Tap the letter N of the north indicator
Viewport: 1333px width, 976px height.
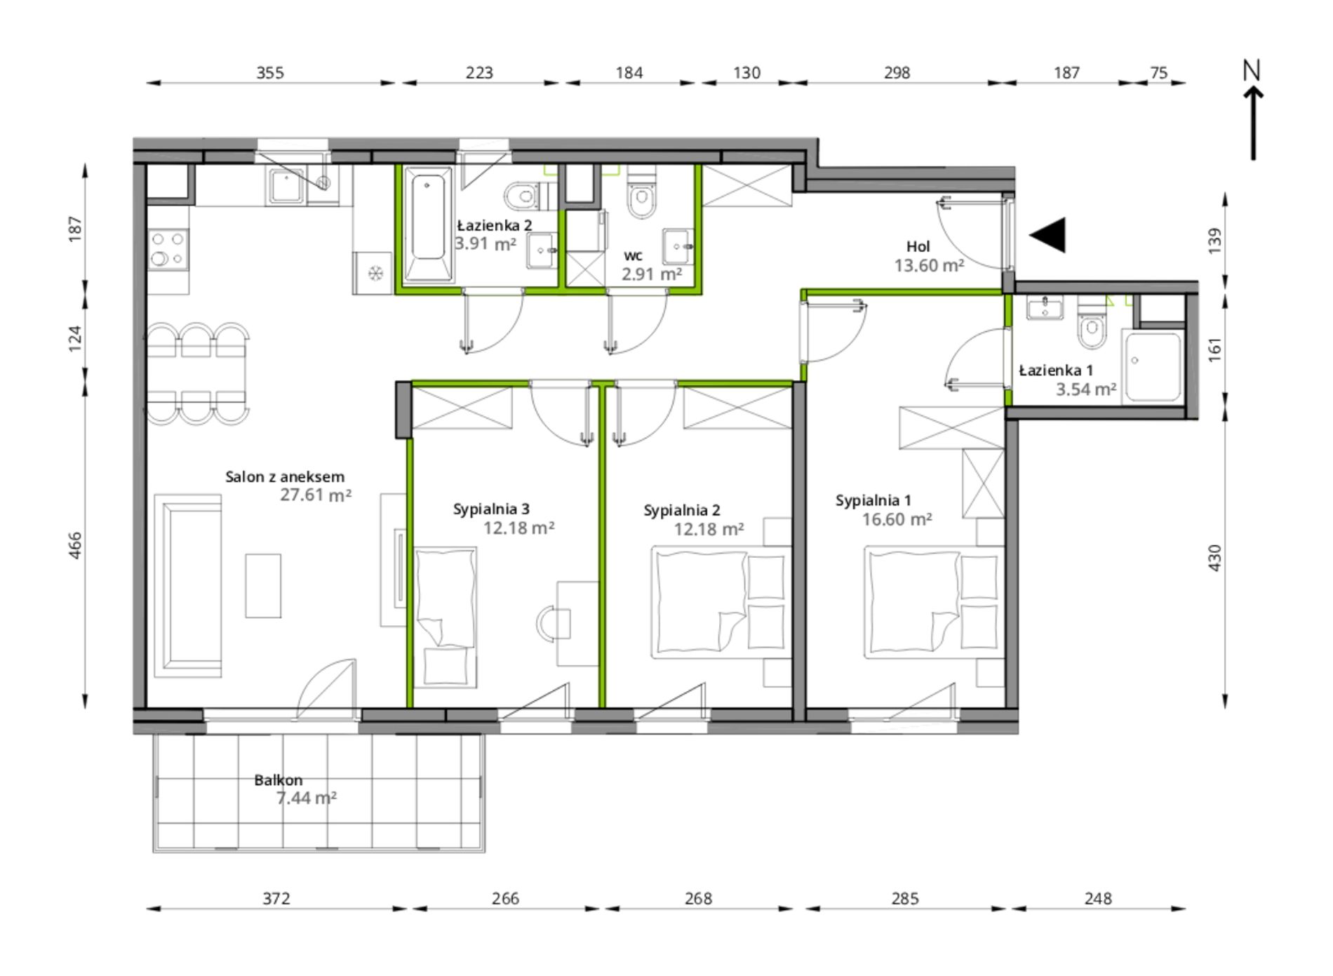(1252, 70)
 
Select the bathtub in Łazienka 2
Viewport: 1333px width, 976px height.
(427, 224)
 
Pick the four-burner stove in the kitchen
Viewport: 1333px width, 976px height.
(168, 249)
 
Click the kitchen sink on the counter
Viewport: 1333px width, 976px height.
(286, 185)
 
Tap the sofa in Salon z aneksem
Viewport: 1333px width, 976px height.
(188, 585)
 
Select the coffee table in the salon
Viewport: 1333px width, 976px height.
(263, 586)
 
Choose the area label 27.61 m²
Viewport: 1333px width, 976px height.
(316, 495)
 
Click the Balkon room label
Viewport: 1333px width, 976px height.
(279, 780)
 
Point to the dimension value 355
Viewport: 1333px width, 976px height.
(270, 72)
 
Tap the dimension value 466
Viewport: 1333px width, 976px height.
(76, 545)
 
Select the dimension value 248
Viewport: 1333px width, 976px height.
(1098, 898)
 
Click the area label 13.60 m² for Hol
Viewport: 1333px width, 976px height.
(929, 265)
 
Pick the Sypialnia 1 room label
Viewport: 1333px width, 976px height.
(873, 500)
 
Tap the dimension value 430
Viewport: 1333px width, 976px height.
(1215, 558)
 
